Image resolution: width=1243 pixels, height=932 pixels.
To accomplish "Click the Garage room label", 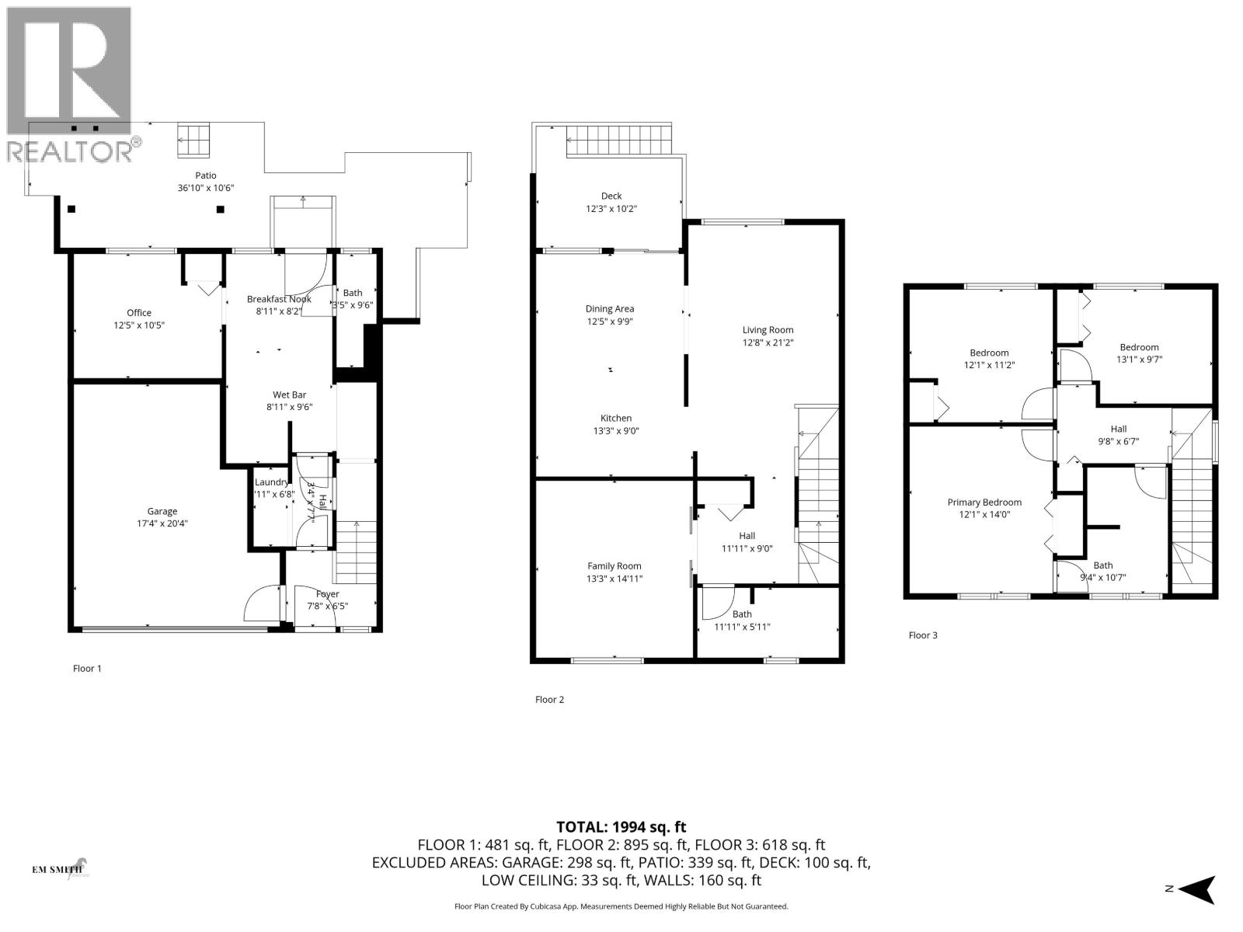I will [x=162, y=511].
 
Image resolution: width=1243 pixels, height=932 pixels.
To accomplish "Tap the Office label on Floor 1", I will [x=139, y=313].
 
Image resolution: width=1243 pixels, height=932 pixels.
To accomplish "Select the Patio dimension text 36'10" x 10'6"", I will [x=206, y=188].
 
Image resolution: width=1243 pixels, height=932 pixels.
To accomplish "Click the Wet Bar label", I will [x=289, y=395].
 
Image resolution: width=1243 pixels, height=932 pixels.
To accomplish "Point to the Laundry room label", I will [x=271, y=482].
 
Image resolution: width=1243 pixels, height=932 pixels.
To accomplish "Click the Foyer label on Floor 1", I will [x=327, y=594].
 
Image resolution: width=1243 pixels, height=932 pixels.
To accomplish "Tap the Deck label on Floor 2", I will [x=611, y=196].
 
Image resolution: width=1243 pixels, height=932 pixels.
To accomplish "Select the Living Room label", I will [x=768, y=330].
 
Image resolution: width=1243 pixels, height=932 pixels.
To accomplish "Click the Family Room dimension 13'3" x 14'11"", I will [x=614, y=579].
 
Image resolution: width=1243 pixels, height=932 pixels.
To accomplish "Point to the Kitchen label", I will [x=615, y=418].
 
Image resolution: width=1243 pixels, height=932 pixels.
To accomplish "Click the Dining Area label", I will [x=610, y=309].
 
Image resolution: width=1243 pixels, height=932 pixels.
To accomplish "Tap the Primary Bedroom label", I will [x=984, y=503].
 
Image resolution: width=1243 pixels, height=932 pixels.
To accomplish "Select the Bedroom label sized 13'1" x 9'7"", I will [x=1139, y=347].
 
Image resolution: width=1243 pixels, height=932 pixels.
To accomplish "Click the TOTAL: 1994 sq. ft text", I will [x=621, y=827].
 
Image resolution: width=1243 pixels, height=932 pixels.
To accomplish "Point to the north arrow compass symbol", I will [x=1199, y=889].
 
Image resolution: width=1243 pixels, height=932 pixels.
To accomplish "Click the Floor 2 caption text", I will [x=549, y=700].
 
